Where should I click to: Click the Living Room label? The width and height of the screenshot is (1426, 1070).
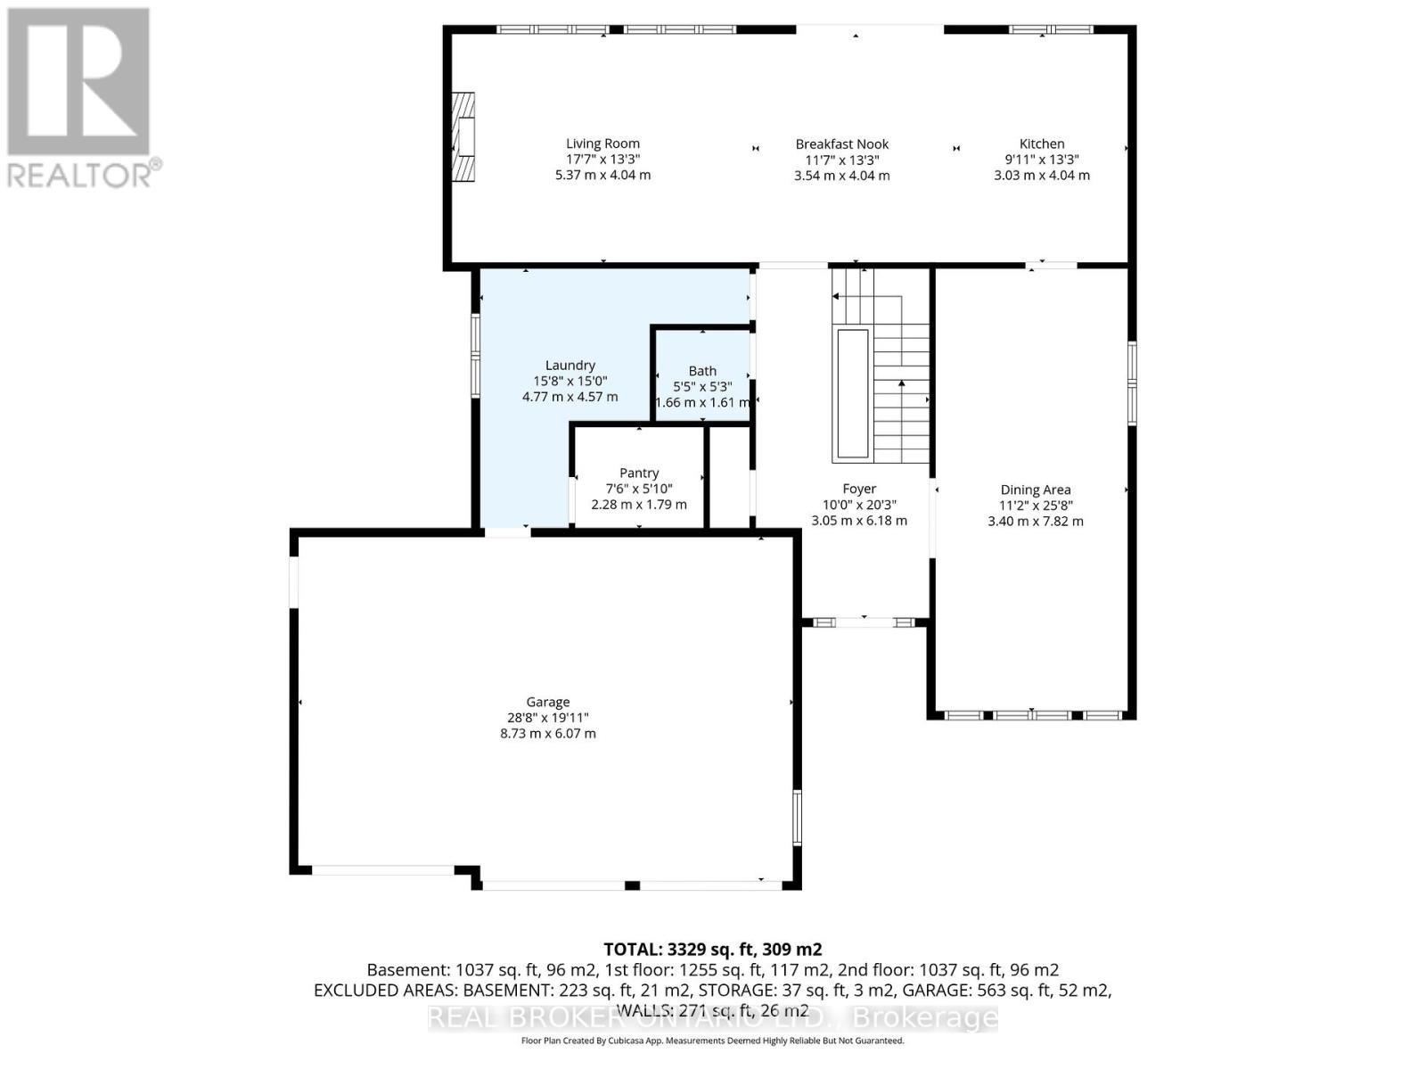coord(602,144)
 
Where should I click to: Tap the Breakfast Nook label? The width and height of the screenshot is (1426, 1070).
coord(841,144)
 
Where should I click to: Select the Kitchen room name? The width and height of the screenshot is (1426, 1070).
coord(1041,144)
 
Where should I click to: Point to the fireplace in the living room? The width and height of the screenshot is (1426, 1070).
coord(463,136)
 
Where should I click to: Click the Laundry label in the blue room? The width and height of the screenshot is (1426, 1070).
coord(570,365)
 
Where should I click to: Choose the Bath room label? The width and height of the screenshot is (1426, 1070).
coord(701,371)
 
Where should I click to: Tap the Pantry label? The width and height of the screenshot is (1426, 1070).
coord(639,473)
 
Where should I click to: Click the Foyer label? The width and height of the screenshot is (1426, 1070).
coord(859,489)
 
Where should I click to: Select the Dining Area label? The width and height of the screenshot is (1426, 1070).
coord(1035,490)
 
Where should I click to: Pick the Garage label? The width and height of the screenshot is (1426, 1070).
coord(547,702)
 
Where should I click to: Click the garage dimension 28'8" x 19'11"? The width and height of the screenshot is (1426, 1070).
coord(547,718)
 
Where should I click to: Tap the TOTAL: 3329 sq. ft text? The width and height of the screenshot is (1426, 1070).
coord(712,950)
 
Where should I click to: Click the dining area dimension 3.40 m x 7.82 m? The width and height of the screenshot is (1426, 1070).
coord(1035,522)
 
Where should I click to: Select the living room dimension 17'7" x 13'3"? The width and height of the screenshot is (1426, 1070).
coord(602,160)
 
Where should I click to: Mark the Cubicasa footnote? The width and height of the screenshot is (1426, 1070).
coord(712,1041)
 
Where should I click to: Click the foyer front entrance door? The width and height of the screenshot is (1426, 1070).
coord(865,621)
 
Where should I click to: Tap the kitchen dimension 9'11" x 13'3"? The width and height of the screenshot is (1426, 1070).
coord(1041,160)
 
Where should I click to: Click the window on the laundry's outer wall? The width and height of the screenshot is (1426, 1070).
coord(475,355)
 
